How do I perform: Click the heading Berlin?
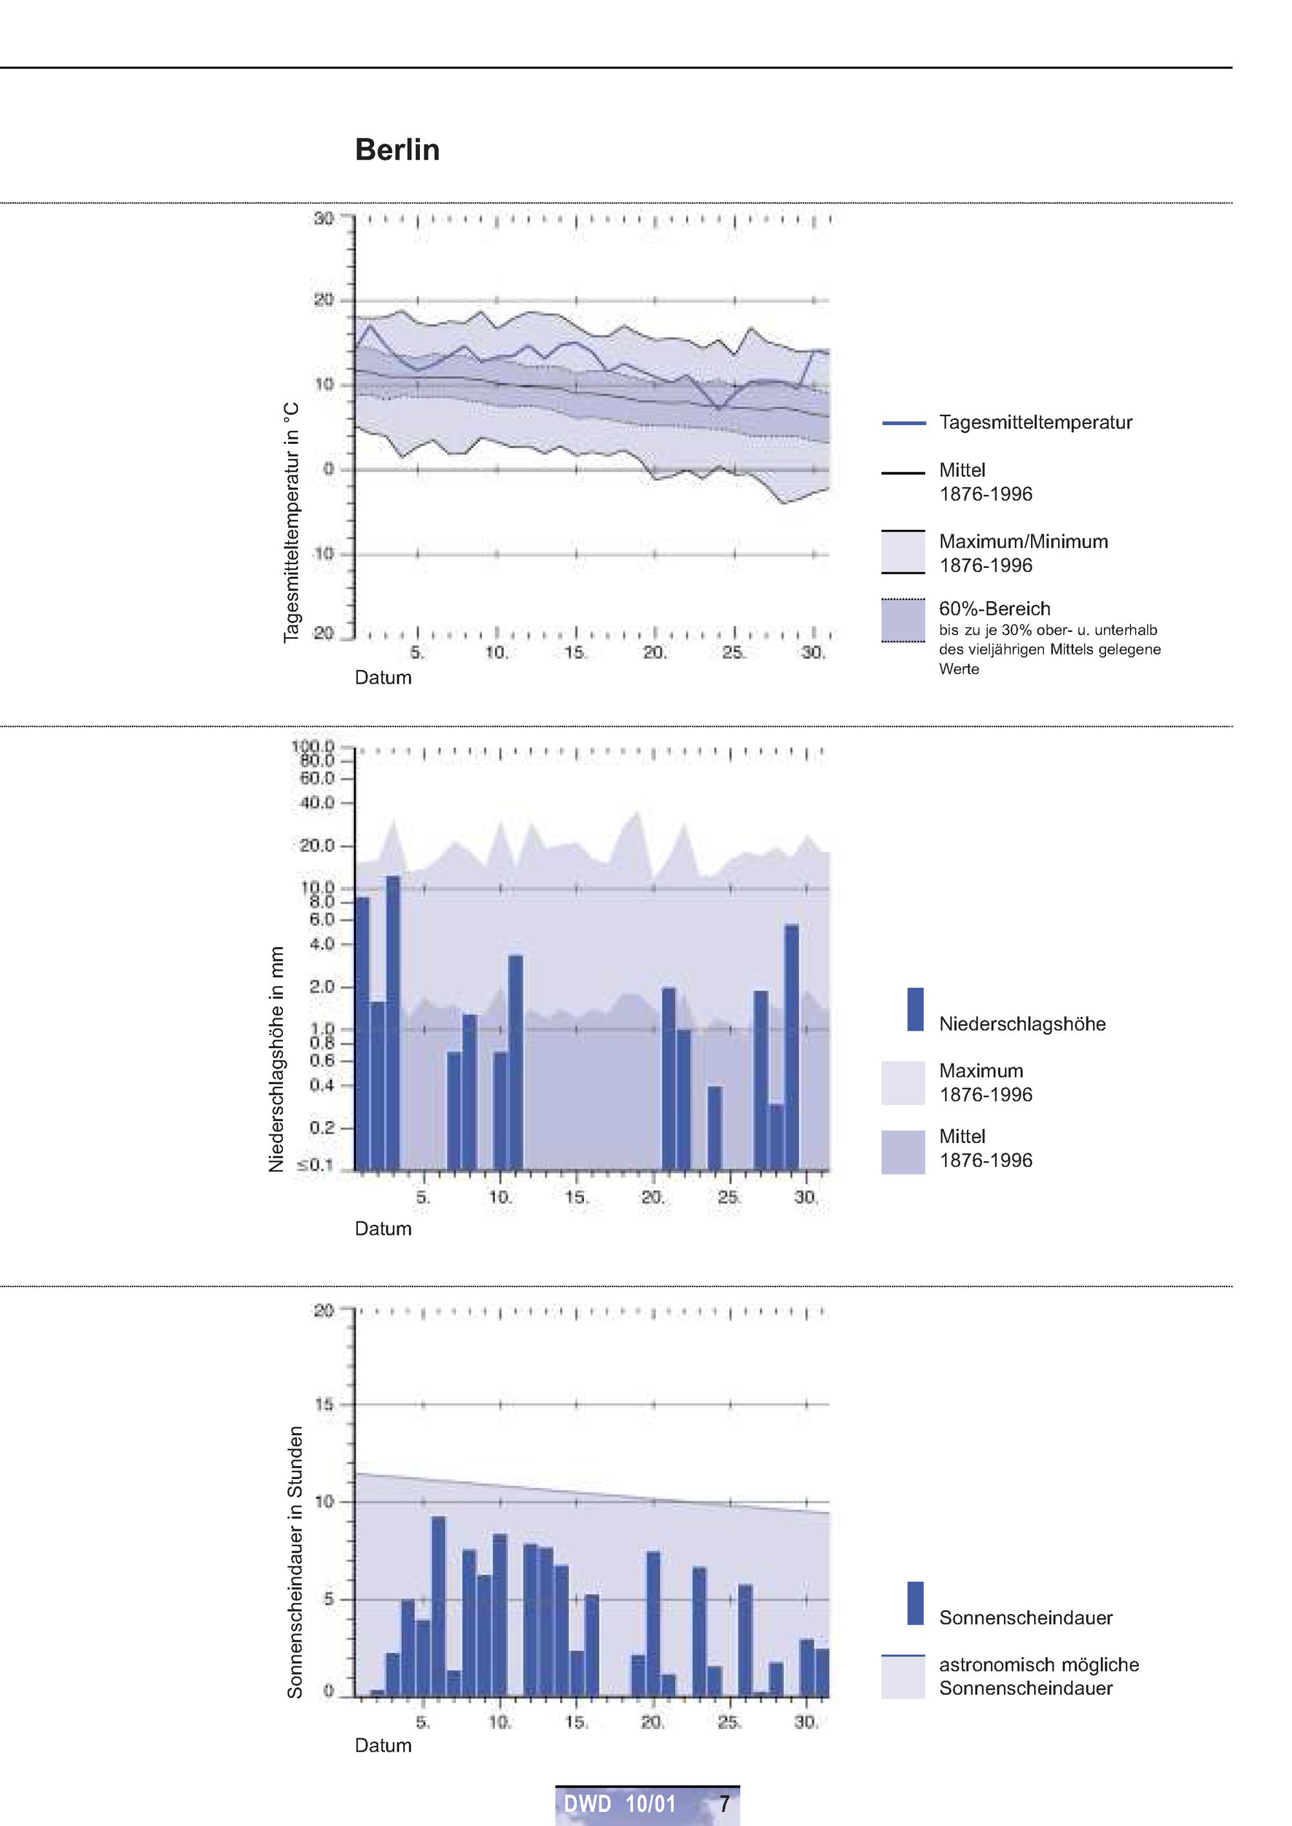(x=397, y=149)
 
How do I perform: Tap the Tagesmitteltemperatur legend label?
(x=1035, y=423)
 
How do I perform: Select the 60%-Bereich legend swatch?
(x=903, y=620)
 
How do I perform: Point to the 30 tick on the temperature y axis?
(x=323, y=218)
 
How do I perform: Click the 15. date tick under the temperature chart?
(x=575, y=653)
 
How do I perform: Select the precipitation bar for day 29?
(x=791, y=1047)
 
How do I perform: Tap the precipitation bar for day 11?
(x=516, y=1062)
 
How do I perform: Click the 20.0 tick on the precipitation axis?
(x=317, y=846)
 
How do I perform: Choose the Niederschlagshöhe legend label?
(x=1021, y=1024)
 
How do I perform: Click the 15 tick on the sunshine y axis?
(x=324, y=1404)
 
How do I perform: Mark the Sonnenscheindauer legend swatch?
(x=915, y=1603)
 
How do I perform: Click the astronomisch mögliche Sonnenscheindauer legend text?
(x=1038, y=1677)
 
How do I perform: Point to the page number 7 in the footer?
(x=724, y=1804)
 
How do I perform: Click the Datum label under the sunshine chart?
(x=382, y=1746)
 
